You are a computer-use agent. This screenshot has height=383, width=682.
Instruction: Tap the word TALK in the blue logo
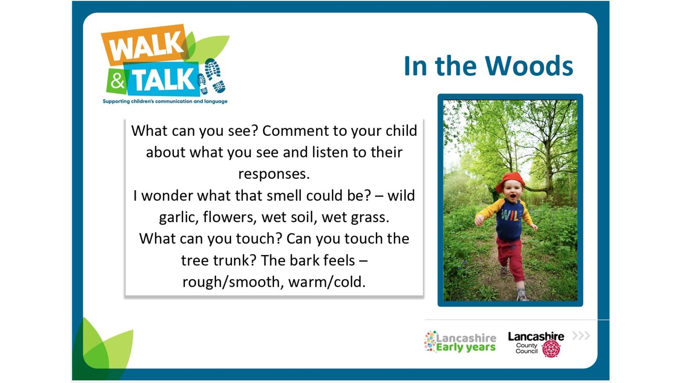pos(163,80)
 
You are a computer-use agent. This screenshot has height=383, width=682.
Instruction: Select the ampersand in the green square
pos(117,81)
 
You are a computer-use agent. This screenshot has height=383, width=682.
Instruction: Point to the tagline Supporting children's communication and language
pos(165,101)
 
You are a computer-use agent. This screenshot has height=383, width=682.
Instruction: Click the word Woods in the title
pos(529,66)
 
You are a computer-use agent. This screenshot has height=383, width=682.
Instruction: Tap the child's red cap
pos(510,181)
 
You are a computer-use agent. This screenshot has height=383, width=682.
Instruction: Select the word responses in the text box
pos(274,174)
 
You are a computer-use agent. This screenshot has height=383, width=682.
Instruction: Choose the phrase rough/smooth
pos(231,283)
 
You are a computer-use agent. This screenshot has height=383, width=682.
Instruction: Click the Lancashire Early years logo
pos(460,342)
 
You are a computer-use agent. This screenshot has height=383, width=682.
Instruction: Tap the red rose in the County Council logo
pos(551,349)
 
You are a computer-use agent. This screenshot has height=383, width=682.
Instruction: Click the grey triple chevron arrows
pos(581,336)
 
